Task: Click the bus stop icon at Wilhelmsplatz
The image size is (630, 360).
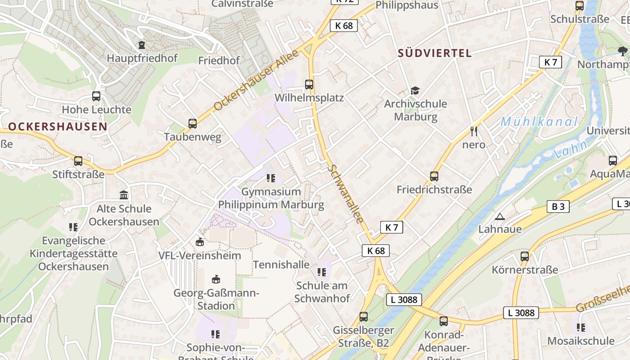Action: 309,84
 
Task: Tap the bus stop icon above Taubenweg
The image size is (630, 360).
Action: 193,123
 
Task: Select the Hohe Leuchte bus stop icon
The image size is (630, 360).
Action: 96,96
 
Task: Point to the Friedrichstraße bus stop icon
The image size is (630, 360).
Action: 434,176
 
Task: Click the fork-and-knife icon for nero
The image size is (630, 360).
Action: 473,131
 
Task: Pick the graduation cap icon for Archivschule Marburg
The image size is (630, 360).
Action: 415,90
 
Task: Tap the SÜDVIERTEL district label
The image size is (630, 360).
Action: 435,53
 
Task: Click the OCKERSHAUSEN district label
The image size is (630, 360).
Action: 58,126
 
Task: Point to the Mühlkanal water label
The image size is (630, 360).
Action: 539,121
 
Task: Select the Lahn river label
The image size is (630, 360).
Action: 571,149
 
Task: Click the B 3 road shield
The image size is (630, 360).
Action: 558,207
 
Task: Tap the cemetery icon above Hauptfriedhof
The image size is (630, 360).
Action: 142,45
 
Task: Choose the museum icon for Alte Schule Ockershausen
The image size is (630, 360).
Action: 124,195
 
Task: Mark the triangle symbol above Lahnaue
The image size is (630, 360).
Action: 499,217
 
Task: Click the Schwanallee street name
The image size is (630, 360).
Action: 346,193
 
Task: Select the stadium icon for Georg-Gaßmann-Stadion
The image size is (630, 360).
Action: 216,279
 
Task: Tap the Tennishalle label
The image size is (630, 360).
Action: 281,264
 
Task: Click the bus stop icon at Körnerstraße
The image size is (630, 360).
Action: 524,256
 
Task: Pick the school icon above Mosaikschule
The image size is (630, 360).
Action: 580,327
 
